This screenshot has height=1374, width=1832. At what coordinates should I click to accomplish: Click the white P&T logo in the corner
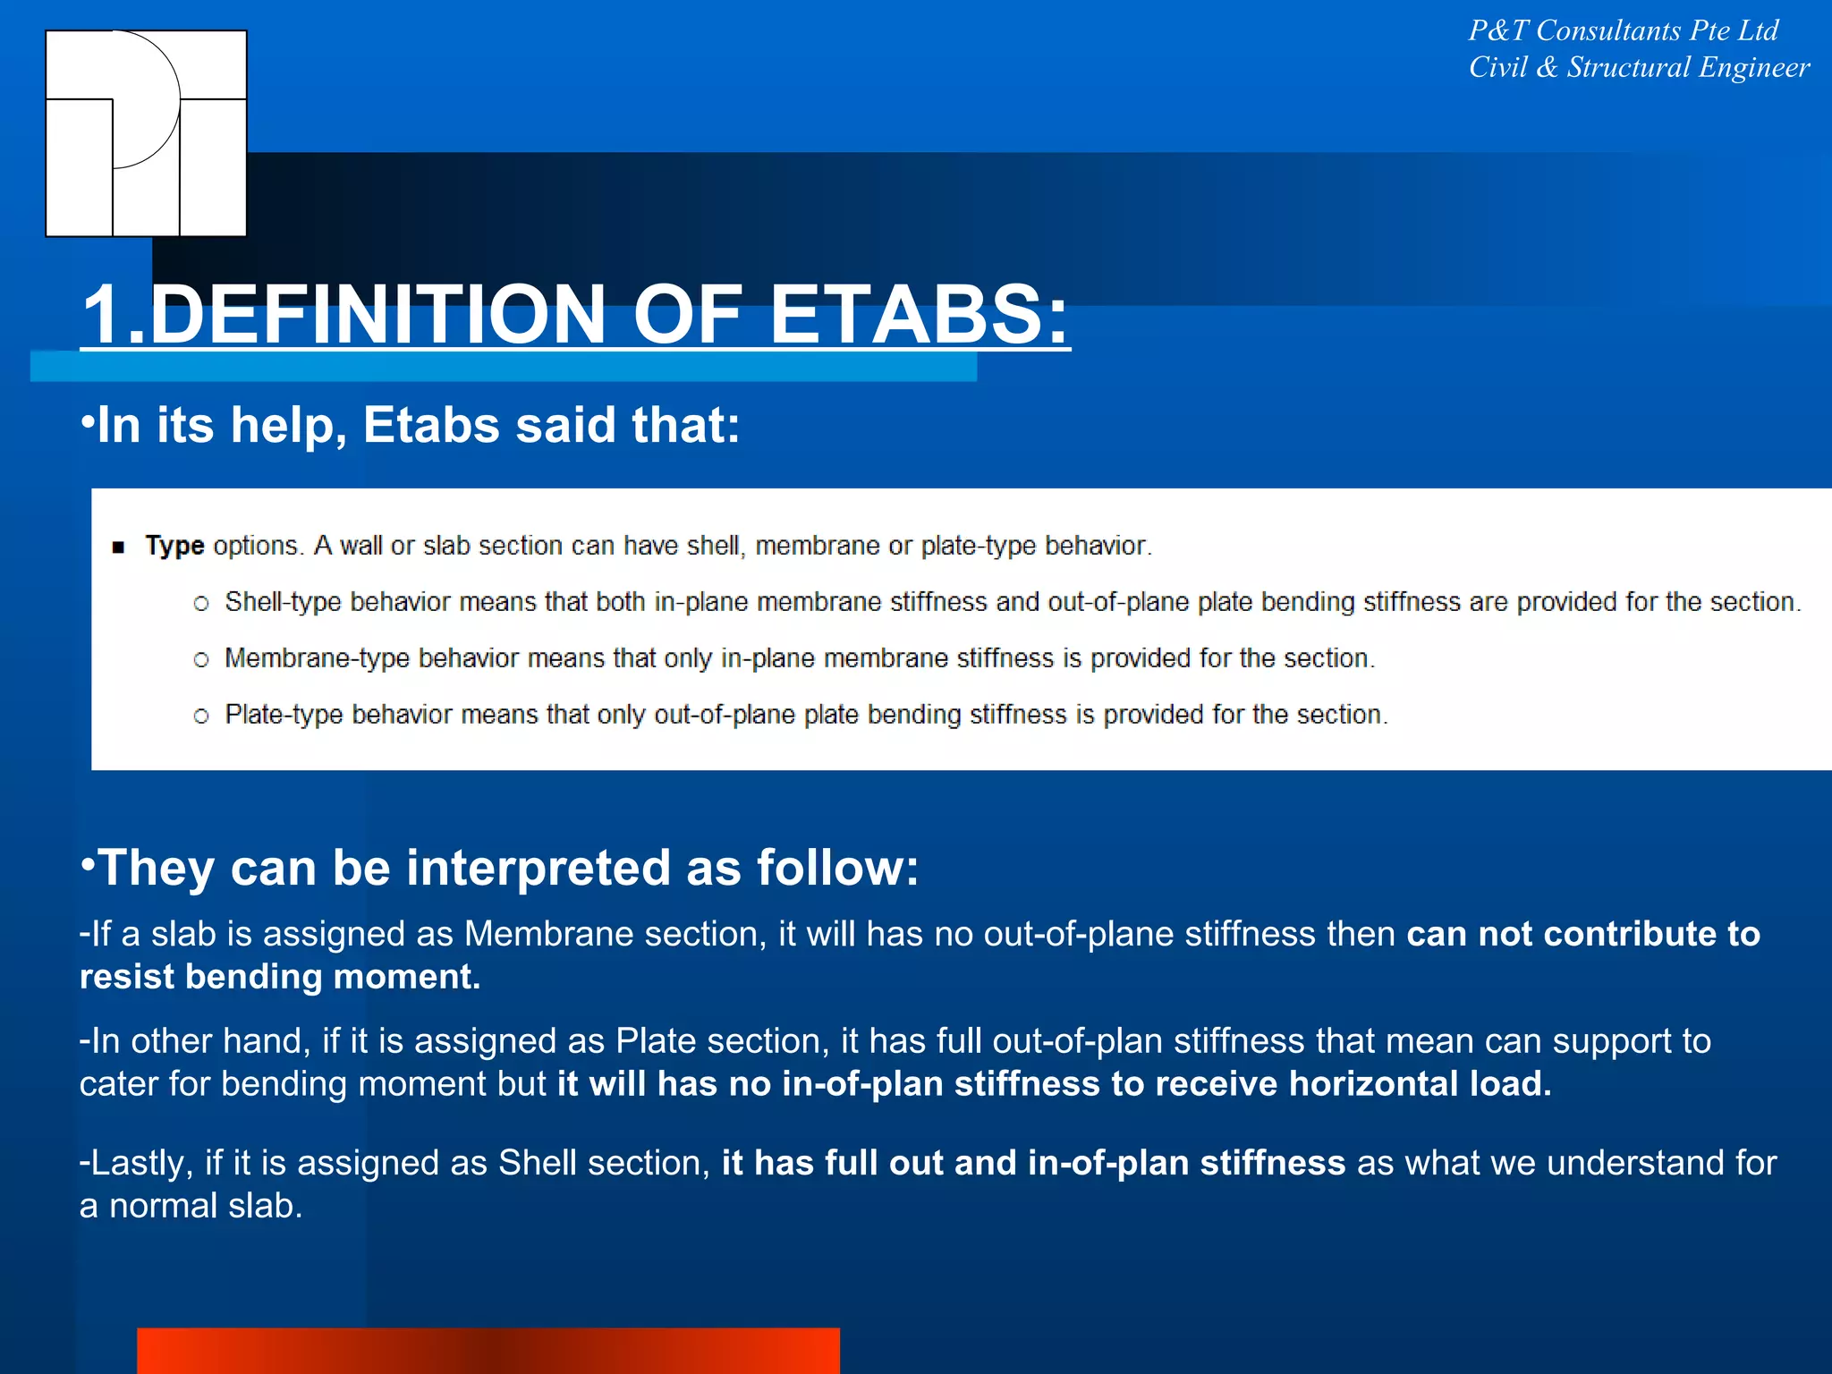pyautogui.click(x=146, y=133)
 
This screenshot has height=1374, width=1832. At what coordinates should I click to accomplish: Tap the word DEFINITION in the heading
pyautogui.click(x=377, y=314)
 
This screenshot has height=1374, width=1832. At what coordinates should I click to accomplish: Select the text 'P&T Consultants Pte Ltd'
pyautogui.click(x=1623, y=31)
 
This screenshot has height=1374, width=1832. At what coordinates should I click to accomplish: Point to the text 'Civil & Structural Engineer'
pyautogui.click(x=1639, y=68)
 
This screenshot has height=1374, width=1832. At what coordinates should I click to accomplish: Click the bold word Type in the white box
pyautogui.click(x=174, y=546)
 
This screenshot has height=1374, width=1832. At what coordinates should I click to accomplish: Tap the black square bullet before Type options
pyautogui.click(x=118, y=547)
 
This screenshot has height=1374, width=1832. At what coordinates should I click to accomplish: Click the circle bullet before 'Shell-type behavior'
pyautogui.click(x=201, y=604)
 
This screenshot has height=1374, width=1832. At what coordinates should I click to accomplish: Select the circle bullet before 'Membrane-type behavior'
pyautogui.click(x=201, y=660)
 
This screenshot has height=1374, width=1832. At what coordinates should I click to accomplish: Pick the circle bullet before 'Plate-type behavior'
pyautogui.click(x=201, y=716)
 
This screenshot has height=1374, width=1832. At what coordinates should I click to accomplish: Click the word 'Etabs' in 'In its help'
pyautogui.click(x=431, y=425)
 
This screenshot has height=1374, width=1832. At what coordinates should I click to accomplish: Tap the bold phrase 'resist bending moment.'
pyautogui.click(x=280, y=977)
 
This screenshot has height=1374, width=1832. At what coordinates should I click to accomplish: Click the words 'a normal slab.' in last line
pyautogui.click(x=191, y=1206)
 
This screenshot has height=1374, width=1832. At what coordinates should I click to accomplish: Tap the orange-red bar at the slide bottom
pyautogui.click(x=488, y=1351)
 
